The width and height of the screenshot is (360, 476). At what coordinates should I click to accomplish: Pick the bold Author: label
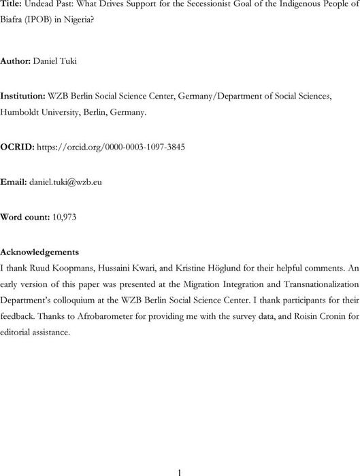coord(17,61)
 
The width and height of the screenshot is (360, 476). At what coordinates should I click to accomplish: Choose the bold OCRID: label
coord(17,147)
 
